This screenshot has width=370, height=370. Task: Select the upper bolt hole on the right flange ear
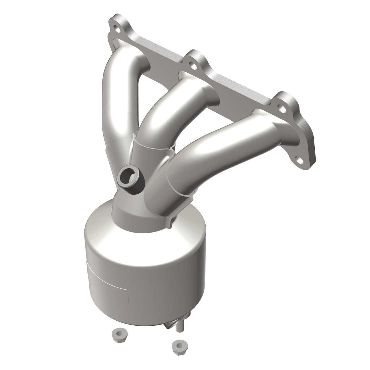[x=282, y=109]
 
